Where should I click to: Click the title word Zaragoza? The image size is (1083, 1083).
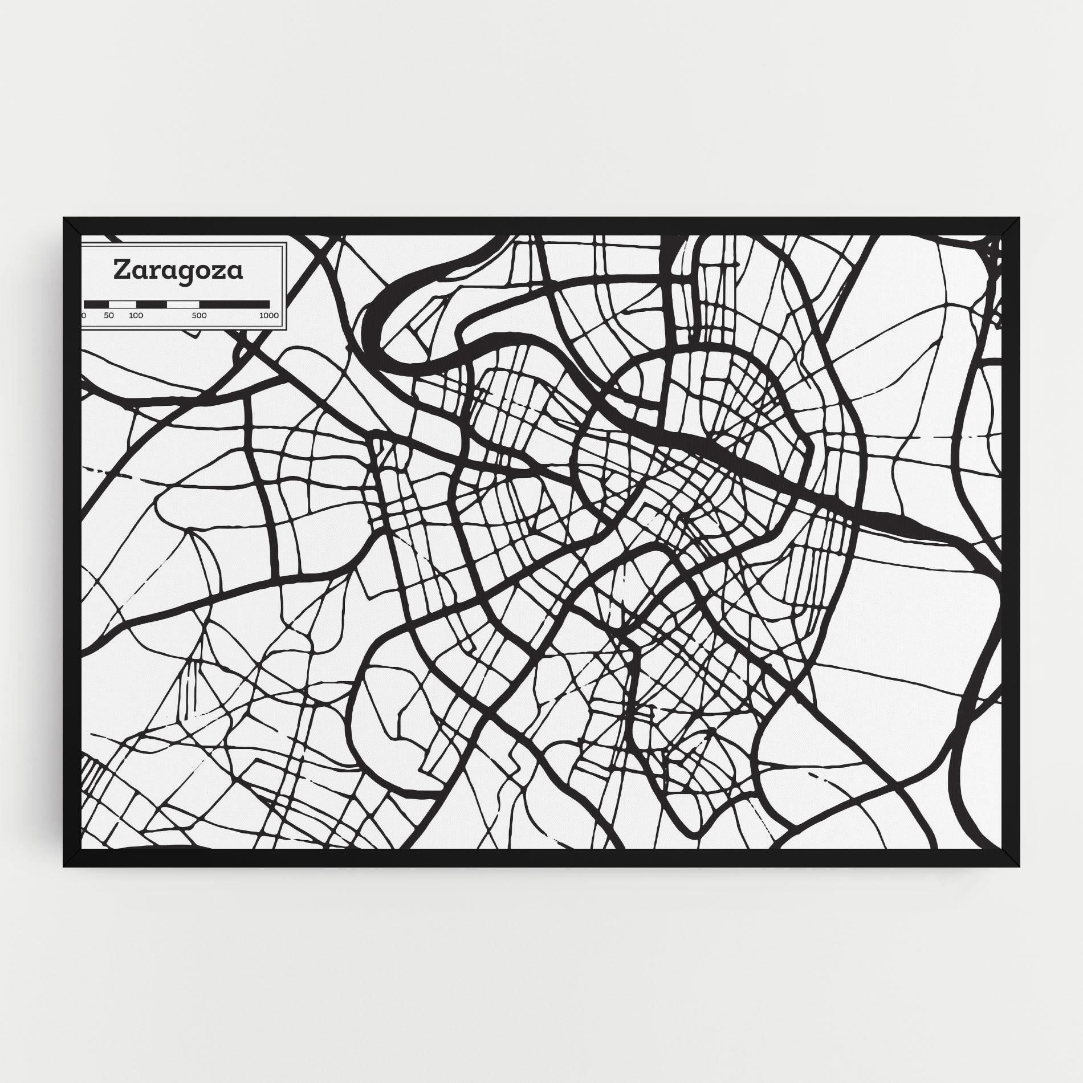[178, 271]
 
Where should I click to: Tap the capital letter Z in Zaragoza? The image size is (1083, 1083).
[121, 270]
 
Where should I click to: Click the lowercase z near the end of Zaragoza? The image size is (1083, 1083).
[219, 272]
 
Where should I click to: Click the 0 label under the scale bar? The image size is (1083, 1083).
[84, 315]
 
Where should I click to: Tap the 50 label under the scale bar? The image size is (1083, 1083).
[109, 315]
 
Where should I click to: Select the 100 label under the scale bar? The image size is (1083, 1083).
[136, 315]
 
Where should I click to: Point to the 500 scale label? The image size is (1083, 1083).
[199, 315]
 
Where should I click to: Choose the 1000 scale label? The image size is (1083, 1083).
[268, 315]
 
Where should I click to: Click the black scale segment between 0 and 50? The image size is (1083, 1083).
[96, 304]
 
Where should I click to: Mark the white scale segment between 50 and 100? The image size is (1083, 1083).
[123, 304]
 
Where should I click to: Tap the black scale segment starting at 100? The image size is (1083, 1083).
[151, 304]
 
